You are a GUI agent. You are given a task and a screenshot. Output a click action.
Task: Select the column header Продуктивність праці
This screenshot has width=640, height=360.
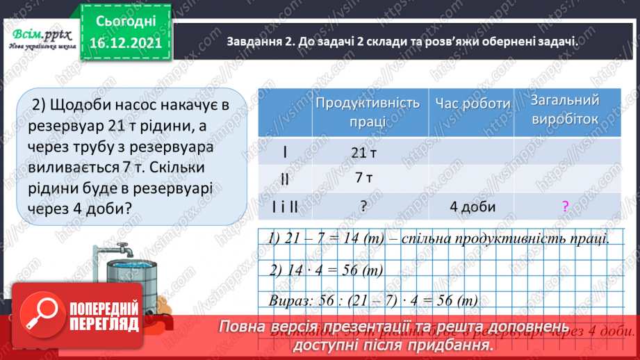[368, 111]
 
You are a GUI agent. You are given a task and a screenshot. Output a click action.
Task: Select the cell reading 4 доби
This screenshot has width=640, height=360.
[472, 206]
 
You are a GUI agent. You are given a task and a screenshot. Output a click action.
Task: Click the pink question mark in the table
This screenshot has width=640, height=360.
[565, 206]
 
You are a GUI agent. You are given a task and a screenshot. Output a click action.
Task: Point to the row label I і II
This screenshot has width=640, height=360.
[285, 206]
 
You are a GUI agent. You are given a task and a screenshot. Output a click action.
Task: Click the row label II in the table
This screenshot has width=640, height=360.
[285, 179]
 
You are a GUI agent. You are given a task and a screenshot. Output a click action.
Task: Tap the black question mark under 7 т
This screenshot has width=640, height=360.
[363, 206]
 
